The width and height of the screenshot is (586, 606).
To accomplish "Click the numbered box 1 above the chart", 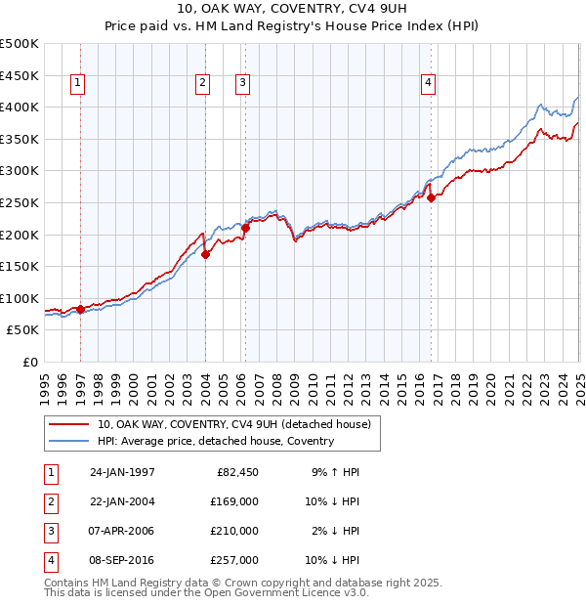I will point(77,84).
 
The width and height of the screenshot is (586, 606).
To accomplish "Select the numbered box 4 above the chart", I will point(428,84).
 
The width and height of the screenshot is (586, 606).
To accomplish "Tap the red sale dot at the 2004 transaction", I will point(206,254).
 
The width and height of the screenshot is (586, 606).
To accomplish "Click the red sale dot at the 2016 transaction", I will point(432,197).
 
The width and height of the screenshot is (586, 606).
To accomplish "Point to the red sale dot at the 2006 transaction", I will point(246,228).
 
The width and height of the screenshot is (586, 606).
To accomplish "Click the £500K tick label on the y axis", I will point(20,44).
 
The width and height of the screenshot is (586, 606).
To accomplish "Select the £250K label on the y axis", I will point(20,202).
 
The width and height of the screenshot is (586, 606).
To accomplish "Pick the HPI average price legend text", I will point(216,441).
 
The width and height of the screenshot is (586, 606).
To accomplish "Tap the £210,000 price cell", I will point(231,531).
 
